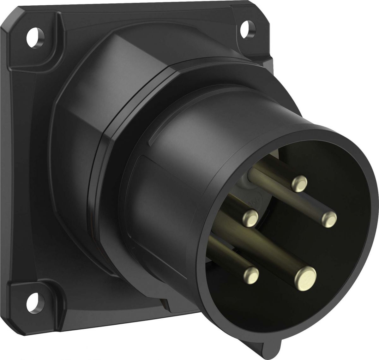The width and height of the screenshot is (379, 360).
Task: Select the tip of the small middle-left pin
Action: coord(251,218)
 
